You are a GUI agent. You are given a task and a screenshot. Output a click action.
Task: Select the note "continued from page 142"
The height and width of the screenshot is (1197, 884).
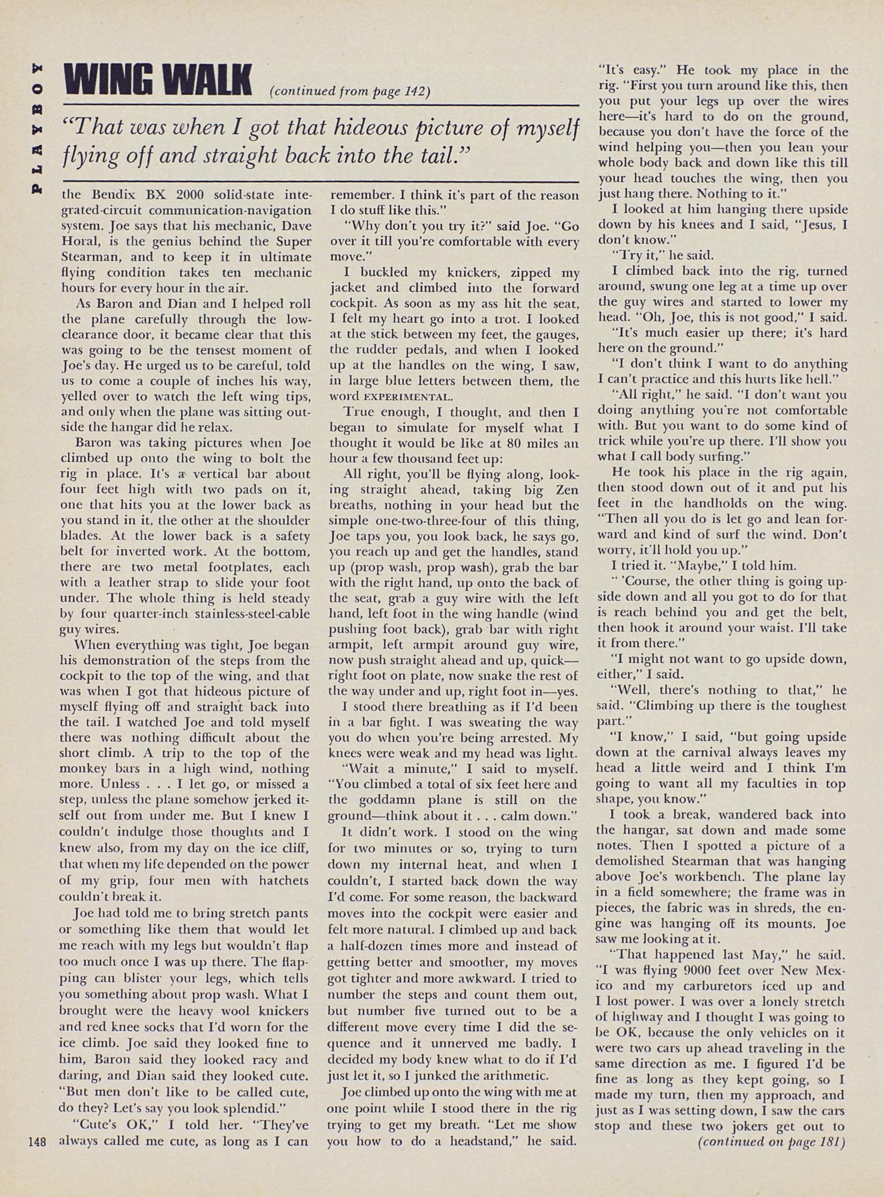(x=350, y=92)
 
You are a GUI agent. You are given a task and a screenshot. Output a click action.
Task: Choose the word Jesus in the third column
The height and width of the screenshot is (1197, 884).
(x=813, y=225)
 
